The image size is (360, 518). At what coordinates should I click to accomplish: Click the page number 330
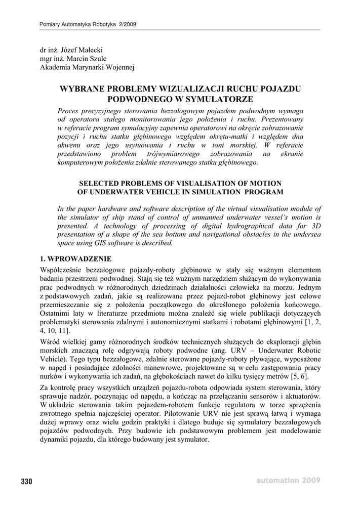coord(26,481)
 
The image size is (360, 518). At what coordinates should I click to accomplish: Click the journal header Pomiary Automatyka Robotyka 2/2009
coord(88,25)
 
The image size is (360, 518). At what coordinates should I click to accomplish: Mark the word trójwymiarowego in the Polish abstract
coord(184,154)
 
